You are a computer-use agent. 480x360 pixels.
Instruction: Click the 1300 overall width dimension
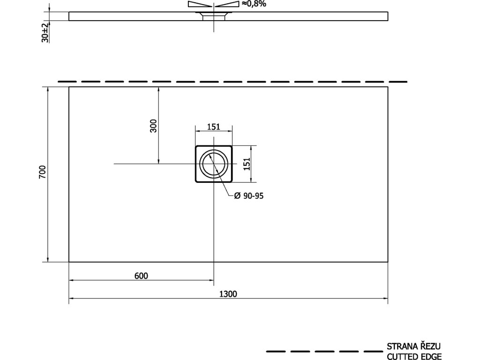pyautogui.click(x=228, y=294)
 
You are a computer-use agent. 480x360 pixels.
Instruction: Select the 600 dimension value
pyautogui.click(x=141, y=276)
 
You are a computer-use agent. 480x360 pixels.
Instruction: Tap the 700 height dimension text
pyautogui.click(x=42, y=172)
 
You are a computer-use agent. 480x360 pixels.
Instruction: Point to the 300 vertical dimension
pyautogui.click(x=153, y=126)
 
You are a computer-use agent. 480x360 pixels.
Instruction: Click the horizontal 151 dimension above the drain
pyautogui.click(x=214, y=127)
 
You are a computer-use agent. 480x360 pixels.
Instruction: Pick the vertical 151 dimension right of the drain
pyautogui.click(x=247, y=164)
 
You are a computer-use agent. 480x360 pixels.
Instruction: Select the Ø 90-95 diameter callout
pyautogui.click(x=248, y=195)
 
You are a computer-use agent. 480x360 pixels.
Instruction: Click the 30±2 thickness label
pyautogui.click(x=45, y=32)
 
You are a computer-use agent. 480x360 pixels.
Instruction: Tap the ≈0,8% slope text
pyautogui.click(x=254, y=4)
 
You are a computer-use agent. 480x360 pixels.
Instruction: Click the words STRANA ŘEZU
pyautogui.click(x=413, y=346)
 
